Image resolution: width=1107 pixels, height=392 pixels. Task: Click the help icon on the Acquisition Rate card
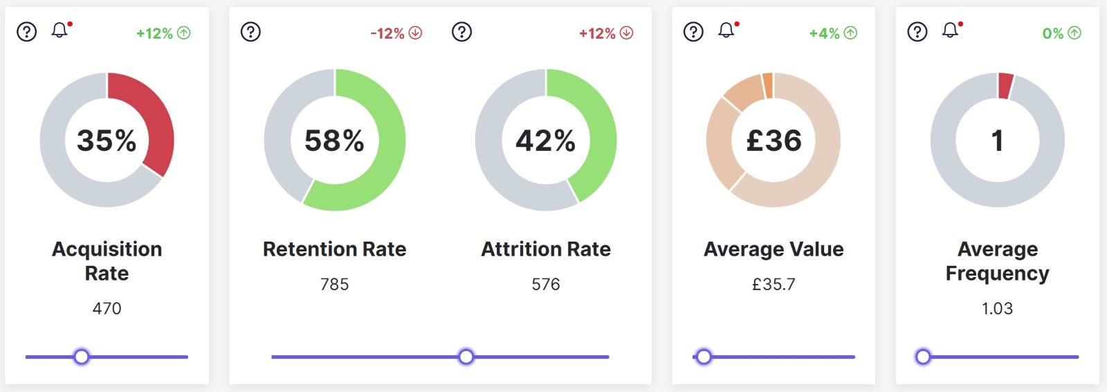point(26,32)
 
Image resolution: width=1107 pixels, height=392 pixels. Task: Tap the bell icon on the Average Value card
point(726,30)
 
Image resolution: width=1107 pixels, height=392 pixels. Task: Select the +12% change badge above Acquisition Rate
point(163,33)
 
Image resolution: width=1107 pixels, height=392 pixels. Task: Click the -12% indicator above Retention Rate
point(396,33)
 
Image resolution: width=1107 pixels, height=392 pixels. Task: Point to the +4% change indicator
point(833,33)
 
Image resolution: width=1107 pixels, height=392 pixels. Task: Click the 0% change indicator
point(1061,33)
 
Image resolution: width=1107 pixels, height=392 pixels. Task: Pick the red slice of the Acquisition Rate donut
point(149,118)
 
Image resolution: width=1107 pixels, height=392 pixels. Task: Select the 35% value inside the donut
point(107,141)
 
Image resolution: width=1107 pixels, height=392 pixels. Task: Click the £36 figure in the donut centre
point(774,141)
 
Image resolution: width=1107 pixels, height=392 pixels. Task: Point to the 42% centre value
point(545,141)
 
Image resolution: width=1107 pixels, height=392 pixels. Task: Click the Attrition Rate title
point(546,249)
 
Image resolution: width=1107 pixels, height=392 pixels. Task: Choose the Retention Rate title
point(335,249)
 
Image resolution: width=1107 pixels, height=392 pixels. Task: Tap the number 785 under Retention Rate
point(335,285)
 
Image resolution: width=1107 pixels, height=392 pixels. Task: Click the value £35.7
point(774,285)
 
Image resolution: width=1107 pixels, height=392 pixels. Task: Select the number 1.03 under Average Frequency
point(997,309)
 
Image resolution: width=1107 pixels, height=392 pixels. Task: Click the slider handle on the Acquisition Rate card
point(82,357)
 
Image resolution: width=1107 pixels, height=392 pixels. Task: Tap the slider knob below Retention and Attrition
point(466,357)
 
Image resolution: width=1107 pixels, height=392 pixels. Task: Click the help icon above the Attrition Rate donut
point(461,32)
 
